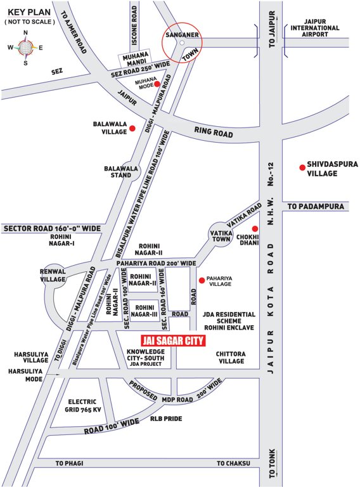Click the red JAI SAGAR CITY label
point(175,341)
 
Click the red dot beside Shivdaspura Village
point(302,167)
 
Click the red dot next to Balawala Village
point(132,129)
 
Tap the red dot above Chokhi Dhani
point(254,229)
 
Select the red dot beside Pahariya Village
point(202,280)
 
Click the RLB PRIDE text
point(165,419)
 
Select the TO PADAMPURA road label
point(315,207)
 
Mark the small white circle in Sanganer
point(181,42)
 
